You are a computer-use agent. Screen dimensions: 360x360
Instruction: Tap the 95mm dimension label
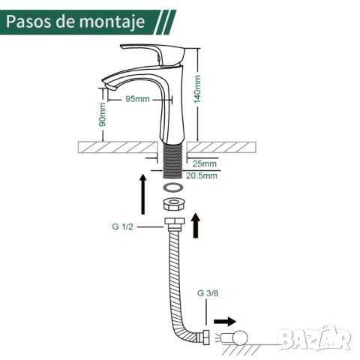click(x=137, y=99)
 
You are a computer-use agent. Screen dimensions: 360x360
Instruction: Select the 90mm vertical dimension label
click(x=103, y=114)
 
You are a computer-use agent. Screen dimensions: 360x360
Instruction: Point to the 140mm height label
click(x=197, y=89)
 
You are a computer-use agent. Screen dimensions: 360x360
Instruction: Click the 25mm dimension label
click(x=205, y=163)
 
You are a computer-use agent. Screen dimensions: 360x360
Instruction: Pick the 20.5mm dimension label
click(x=202, y=175)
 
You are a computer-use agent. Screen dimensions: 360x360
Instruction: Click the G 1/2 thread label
click(x=122, y=226)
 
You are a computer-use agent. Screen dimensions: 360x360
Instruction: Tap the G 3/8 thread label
click(x=208, y=293)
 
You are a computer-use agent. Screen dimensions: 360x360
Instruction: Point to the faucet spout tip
click(x=109, y=85)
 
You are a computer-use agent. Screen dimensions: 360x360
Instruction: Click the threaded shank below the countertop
click(x=173, y=160)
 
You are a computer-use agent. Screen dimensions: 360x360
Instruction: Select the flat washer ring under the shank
click(x=173, y=187)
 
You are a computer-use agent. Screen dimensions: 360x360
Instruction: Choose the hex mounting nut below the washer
click(x=173, y=204)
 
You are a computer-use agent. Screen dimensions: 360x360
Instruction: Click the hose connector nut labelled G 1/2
click(x=175, y=223)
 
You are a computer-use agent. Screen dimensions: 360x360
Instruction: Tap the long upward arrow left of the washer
click(x=143, y=194)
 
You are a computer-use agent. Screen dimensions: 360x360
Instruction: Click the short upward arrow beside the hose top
click(x=196, y=225)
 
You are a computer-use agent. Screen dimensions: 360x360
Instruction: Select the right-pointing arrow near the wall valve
click(x=225, y=322)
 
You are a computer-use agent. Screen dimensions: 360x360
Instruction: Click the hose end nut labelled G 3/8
click(x=206, y=337)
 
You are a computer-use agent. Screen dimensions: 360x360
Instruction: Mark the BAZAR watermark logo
click(x=314, y=338)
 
